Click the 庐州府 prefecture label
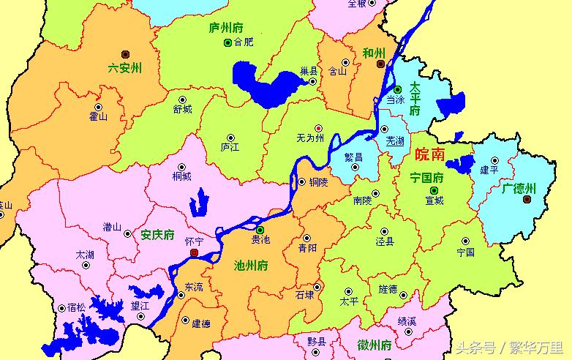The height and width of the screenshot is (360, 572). [225, 28]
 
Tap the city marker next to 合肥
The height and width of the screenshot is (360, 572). [227, 42]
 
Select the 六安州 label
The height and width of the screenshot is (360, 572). [124, 68]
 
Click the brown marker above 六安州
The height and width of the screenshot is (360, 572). [126, 53]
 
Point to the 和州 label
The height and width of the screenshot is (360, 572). [373, 53]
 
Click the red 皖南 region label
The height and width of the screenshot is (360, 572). [429, 154]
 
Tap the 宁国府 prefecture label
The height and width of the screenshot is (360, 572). [427, 177]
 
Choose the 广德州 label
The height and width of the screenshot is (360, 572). [519, 188]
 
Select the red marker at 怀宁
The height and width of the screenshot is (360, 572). [194, 252]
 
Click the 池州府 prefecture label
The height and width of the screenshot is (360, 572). [250, 265]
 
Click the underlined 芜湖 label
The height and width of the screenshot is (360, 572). [395, 140]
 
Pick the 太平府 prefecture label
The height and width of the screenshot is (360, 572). [415, 98]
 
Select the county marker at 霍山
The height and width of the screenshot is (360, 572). [97, 105]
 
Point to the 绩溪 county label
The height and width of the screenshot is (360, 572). [407, 320]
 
